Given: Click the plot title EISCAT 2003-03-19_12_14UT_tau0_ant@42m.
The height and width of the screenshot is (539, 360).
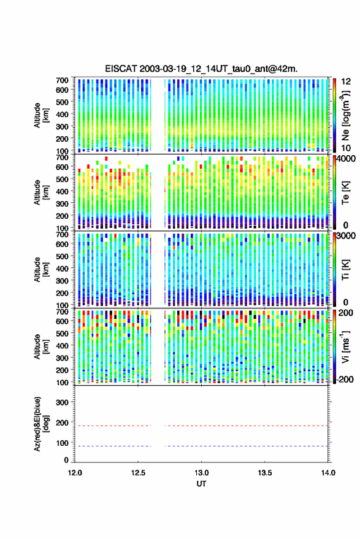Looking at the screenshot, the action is tap(201, 69).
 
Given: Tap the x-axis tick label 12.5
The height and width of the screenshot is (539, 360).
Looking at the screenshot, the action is tap(138, 473).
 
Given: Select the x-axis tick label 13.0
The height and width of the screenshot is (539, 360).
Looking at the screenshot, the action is tap(201, 473).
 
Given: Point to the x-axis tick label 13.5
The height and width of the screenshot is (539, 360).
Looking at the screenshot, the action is tap(264, 473).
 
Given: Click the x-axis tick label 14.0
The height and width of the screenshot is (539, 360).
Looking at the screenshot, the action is tap(328, 473).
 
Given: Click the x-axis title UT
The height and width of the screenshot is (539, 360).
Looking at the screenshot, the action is tap(201, 484).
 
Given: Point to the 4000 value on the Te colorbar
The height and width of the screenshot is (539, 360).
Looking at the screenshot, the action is tap(346, 159).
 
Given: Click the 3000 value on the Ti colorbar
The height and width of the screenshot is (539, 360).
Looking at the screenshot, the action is tap(346, 236).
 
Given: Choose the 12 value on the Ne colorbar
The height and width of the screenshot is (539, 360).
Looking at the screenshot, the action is tap(346, 82).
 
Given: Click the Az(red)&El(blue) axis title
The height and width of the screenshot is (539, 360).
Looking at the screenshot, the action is tap(41, 424).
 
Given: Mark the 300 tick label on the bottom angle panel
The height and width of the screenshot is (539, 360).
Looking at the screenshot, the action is tap(62, 402).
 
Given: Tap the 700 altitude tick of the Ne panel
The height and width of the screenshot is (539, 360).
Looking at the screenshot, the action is tap(62, 80).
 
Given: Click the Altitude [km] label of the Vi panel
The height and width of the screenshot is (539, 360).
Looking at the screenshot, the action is tap(41, 346).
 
